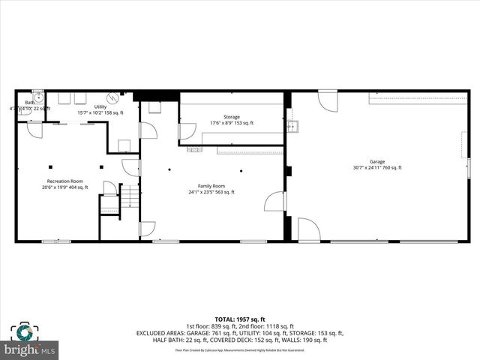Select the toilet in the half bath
pos(25,111)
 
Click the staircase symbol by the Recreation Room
pos(129,196)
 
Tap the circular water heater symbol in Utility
pos(113,97)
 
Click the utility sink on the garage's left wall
pos(293,126)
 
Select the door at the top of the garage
pos(328,100)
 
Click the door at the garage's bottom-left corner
pos(308,229)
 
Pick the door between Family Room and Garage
pos(276,201)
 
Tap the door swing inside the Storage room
pos(186,131)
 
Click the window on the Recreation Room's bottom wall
pos(56,241)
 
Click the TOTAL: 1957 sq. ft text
pos(239,319)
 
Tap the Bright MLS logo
pos(29,340)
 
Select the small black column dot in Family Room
pos(170,169)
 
